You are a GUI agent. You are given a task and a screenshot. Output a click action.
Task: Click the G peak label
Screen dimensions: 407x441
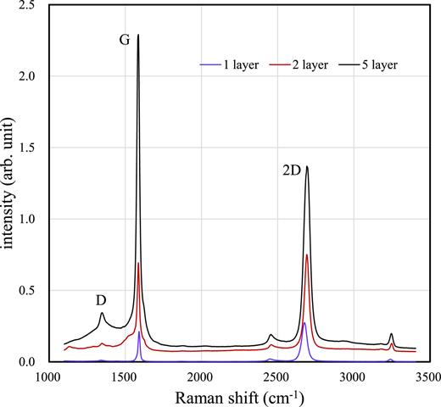124,40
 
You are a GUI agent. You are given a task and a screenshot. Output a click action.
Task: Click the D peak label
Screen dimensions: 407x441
100,300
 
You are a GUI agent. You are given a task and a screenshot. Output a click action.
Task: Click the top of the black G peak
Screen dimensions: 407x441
138,36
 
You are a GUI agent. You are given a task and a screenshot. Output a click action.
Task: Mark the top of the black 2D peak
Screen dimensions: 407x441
307,166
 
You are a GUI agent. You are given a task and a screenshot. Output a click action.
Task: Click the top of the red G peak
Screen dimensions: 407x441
138,263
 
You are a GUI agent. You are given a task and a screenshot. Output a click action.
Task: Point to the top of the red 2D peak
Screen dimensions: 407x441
307,254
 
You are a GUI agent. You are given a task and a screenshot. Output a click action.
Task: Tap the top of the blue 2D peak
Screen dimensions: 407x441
304,322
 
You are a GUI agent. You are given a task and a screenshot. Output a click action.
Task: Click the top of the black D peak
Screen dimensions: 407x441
102,313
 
